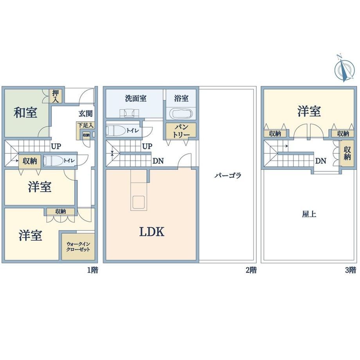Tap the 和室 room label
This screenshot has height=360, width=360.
(25, 113)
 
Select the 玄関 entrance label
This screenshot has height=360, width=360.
(85, 113)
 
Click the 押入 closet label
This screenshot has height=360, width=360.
(56, 96)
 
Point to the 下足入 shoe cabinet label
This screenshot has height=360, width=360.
(85, 125)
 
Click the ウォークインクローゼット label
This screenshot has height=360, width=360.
(78, 247)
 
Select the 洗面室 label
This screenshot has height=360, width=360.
(136, 98)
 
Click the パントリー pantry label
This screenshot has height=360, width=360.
(181, 131)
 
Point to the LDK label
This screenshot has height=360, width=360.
(152, 232)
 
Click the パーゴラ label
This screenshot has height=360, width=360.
(228, 176)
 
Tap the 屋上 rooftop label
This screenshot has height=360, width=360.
(309, 214)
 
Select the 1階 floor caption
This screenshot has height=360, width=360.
(92, 270)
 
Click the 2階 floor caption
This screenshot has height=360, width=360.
(251, 270)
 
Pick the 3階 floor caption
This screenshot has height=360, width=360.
(351, 270)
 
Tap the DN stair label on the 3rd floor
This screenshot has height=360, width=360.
(321, 161)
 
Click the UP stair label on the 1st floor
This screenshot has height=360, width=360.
(56, 146)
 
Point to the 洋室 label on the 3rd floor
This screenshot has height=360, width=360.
(309, 111)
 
